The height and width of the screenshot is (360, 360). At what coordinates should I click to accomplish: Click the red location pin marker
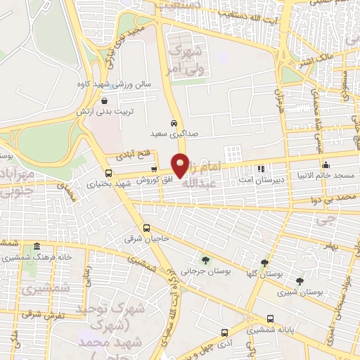coord(181,166)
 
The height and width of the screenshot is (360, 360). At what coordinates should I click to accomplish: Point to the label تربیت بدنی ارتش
coord(105,112)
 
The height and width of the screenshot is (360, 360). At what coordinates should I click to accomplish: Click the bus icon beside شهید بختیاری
coord(108,173)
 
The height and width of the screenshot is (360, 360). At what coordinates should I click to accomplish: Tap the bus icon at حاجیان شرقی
coord(146,228)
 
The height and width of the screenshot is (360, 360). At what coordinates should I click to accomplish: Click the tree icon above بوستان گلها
coord(264,263)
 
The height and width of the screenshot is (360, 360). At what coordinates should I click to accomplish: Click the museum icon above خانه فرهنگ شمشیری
coord(36,246)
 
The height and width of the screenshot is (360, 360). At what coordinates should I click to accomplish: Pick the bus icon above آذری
coord(224,333)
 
